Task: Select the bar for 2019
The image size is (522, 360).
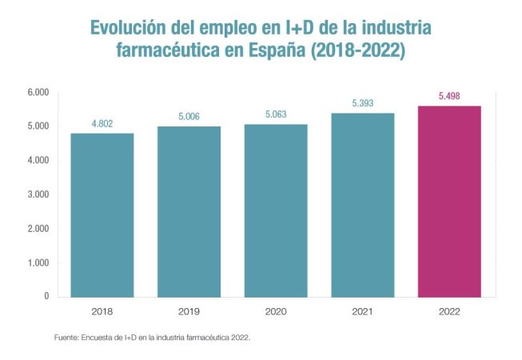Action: point(189,211)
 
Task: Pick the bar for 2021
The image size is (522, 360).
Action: point(362,204)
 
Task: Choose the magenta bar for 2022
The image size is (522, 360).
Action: point(449,201)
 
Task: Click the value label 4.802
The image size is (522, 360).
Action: point(102,124)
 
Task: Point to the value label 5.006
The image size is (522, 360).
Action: point(189,117)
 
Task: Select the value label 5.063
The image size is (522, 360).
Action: point(275,114)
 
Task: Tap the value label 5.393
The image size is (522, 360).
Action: point(362,103)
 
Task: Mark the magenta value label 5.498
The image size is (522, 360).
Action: point(449,97)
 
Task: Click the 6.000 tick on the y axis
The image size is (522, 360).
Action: point(38,93)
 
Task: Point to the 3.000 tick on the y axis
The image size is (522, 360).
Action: point(38,194)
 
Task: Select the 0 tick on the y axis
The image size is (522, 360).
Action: point(46,296)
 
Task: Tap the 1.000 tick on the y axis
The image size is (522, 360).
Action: point(38,262)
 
